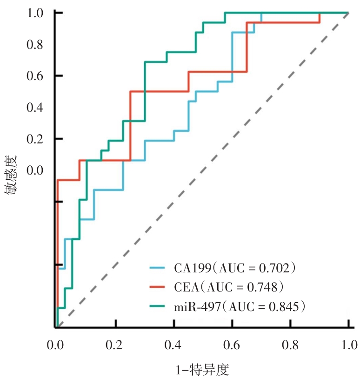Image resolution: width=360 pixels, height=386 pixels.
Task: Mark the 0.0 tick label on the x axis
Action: pyautogui.click(x=56, y=345)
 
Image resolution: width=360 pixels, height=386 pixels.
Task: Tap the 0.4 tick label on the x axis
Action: pyautogui.click(x=173, y=345)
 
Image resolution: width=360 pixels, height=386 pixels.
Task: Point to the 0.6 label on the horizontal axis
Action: pyautogui.click(x=232, y=345)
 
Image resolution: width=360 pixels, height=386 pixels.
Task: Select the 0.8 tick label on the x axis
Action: pyautogui.click(x=290, y=345)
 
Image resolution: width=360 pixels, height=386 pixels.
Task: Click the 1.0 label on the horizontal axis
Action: pyautogui.click(x=348, y=345)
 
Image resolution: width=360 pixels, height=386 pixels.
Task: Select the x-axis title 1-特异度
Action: pyautogui.click(x=202, y=370)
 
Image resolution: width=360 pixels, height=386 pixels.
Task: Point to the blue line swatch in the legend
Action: pyautogui.click(x=158, y=268)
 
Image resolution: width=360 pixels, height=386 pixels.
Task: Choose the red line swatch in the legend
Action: pyautogui.click(x=158, y=287)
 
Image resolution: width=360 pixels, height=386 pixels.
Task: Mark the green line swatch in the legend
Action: pyautogui.click(x=158, y=306)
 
